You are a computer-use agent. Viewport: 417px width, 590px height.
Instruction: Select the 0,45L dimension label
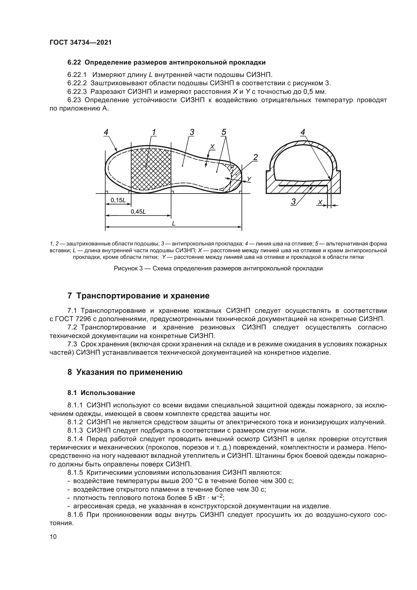click(138, 211)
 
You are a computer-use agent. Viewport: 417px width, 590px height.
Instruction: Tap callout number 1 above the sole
click(154, 132)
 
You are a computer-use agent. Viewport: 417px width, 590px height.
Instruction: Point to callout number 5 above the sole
click(224, 132)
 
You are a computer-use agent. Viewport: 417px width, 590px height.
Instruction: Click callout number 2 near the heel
click(255, 157)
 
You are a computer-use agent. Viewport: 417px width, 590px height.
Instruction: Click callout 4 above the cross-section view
click(303, 132)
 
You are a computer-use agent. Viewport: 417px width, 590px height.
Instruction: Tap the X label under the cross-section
click(320, 203)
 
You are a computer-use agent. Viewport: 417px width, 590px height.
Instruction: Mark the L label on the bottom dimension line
click(173, 223)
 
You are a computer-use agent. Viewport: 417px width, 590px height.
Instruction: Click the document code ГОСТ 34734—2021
click(81, 43)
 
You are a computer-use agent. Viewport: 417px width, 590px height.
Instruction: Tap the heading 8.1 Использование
click(101, 393)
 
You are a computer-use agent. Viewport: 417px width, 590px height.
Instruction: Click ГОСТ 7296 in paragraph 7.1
click(69, 319)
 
